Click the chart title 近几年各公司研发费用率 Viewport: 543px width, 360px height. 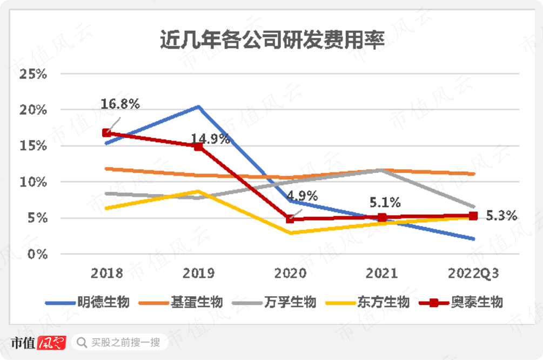pos(272,41)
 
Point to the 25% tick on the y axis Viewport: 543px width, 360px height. pos(33,74)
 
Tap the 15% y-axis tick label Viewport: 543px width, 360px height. pos(33,146)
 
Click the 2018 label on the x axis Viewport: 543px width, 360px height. pos(107,272)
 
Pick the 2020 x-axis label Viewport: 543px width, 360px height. pos(290,272)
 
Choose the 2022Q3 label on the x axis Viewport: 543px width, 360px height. pos(473,272)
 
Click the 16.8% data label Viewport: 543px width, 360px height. pos(120,104)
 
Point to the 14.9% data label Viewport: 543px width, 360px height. pos(211,138)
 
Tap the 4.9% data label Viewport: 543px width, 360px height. pos(303,196)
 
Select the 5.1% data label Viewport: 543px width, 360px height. pos(385,203)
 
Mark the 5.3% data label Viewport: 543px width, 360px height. pos(502,215)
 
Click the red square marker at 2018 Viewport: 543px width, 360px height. pos(107,133)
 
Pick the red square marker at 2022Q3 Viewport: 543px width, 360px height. pos(473,216)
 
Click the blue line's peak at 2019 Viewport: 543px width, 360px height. pos(198,107)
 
